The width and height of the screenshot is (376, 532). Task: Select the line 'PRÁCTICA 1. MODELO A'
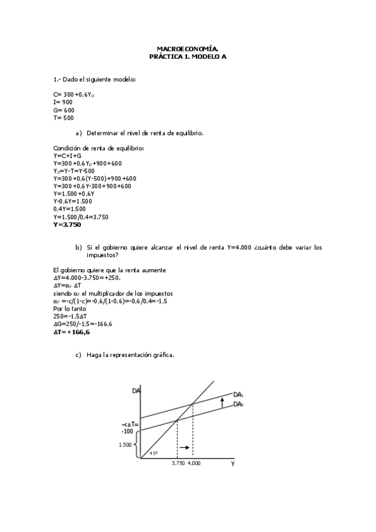pyautogui.click(x=188, y=56)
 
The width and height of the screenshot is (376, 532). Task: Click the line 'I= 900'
pyautogui.click(x=63, y=102)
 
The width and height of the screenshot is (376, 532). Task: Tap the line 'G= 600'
pyautogui.click(x=64, y=110)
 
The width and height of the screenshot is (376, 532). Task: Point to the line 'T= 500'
pyautogui.click(x=63, y=117)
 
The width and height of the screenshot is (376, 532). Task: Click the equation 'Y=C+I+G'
pyautogui.click(x=67, y=156)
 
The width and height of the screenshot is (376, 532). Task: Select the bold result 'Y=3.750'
pyautogui.click(x=67, y=224)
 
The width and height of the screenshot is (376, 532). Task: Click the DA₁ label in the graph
pyautogui.click(x=238, y=395)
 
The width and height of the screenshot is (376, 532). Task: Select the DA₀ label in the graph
pyautogui.click(x=238, y=405)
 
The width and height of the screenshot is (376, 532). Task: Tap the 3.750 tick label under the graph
pyautogui.click(x=178, y=463)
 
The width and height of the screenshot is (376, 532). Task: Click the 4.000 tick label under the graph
pyautogui.click(x=193, y=463)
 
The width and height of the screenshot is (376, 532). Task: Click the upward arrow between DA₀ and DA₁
pyautogui.click(x=222, y=403)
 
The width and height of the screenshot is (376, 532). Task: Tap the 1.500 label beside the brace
pyautogui.click(x=125, y=445)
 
